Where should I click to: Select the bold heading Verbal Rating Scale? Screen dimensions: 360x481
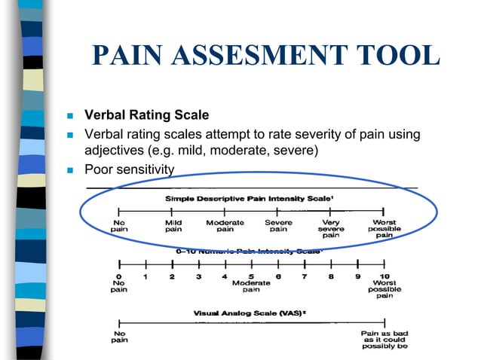tap(146, 116)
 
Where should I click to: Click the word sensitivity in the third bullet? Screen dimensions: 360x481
tap(143, 169)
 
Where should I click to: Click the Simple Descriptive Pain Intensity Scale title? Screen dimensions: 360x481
tap(249, 198)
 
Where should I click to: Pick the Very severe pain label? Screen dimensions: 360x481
tap(331, 229)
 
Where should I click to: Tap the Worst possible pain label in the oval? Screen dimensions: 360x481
tap(384, 229)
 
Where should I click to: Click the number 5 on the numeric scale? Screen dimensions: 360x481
tap(251, 276)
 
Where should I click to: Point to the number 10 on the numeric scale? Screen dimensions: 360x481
tap(384, 276)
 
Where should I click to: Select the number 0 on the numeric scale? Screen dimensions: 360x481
tap(119, 276)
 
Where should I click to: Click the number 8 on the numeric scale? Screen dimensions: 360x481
tap(331, 276)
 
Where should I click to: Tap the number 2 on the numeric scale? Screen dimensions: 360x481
tap(172, 276)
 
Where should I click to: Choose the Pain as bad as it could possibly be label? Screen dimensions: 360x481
tap(384, 340)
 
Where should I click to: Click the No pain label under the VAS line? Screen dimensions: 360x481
tap(119, 336)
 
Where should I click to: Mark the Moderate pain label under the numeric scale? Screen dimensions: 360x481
tap(251, 286)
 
